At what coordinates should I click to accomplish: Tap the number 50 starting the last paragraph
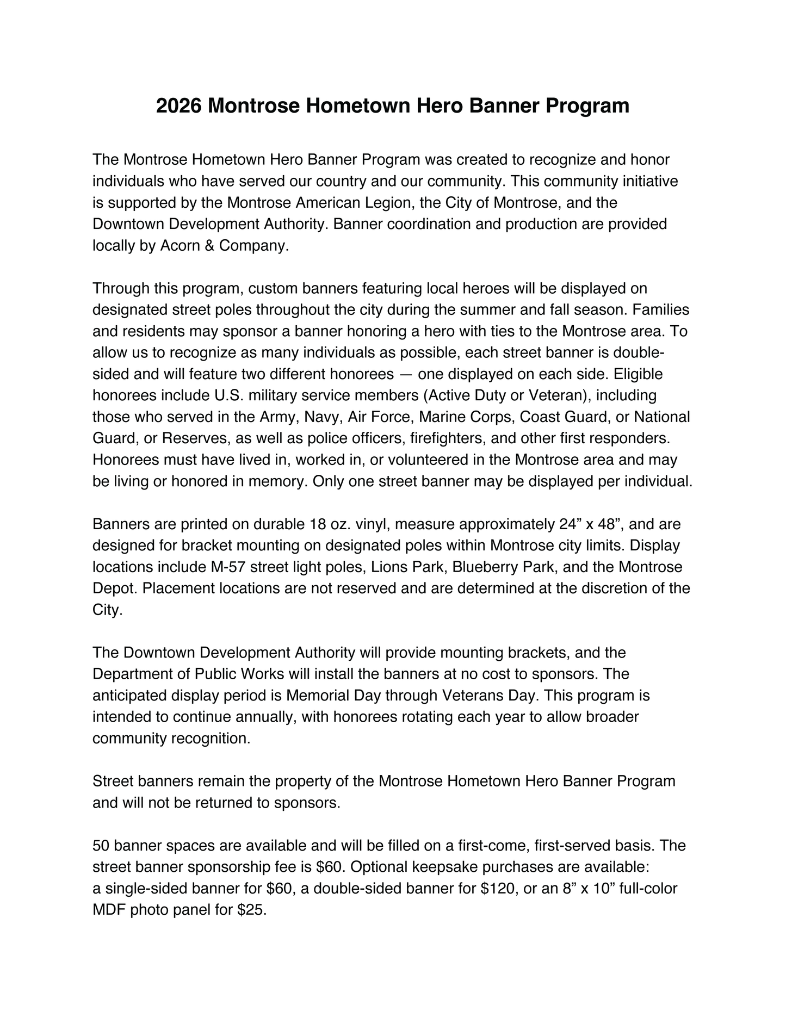(101, 846)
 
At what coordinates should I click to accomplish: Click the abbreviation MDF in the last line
(109, 910)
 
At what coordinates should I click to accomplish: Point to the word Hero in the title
(439, 106)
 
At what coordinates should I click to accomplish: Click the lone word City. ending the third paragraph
(107, 610)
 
